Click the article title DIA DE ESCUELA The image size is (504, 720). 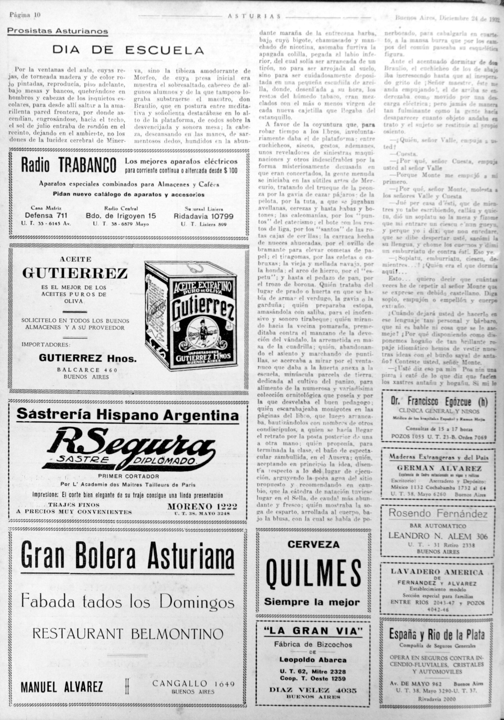(128, 50)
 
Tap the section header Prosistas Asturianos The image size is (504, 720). (58, 31)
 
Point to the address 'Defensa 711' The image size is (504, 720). (46, 216)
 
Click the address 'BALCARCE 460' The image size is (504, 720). (87, 370)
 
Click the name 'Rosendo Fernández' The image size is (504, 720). (438, 513)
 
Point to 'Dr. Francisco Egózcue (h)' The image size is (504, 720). (439, 401)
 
